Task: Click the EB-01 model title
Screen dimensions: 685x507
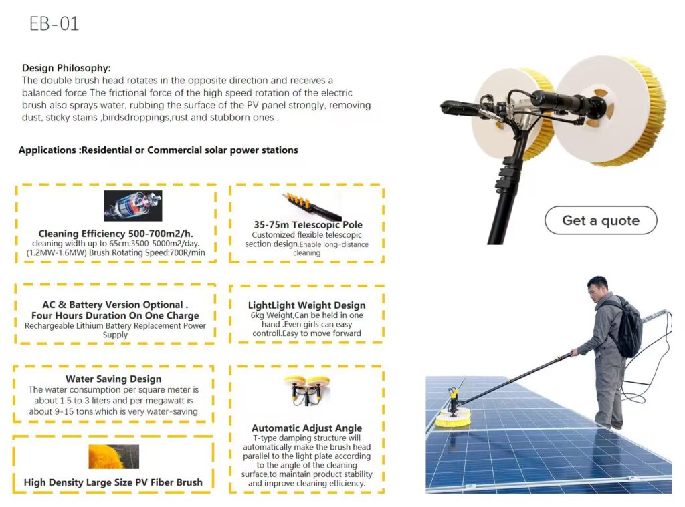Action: point(54,23)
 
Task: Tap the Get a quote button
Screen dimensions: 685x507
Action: point(601,220)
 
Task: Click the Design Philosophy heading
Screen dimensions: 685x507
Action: point(66,68)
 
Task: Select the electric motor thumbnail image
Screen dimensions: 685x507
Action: point(133,206)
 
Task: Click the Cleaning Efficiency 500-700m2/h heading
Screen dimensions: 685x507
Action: point(116,234)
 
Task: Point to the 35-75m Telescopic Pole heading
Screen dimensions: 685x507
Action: point(308,224)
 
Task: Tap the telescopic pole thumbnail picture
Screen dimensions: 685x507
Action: point(311,206)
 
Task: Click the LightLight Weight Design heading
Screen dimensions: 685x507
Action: point(306,305)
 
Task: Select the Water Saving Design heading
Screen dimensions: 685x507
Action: point(114,379)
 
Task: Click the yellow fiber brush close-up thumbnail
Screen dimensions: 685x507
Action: point(114,456)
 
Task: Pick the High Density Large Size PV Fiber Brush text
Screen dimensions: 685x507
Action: point(113,482)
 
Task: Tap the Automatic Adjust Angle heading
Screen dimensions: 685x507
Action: point(306,428)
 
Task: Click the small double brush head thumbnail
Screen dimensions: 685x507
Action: point(306,390)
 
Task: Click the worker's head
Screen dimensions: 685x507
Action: point(597,289)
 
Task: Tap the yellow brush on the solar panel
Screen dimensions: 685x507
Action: point(453,418)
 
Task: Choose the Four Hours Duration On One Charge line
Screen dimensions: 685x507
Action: point(115,315)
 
